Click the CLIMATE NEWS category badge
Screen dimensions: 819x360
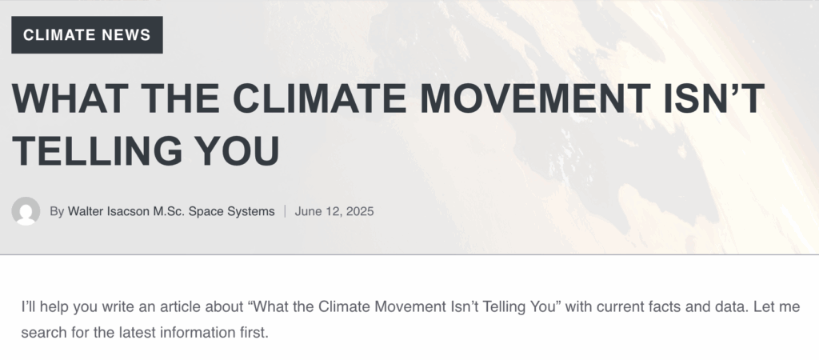point(86,35)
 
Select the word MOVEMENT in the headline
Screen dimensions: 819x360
point(535,98)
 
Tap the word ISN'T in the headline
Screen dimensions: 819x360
point(714,98)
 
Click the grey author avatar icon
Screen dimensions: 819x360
point(26,211)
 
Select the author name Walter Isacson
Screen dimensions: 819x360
point(109,211)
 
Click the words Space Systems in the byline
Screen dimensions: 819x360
point(231,212)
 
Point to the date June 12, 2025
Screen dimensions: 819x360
point(334,212)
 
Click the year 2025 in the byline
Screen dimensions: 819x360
point(360,211)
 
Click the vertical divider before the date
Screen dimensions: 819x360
point(286,211)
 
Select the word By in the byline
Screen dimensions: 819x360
point(57,212)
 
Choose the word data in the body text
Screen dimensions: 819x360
point(731,306)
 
